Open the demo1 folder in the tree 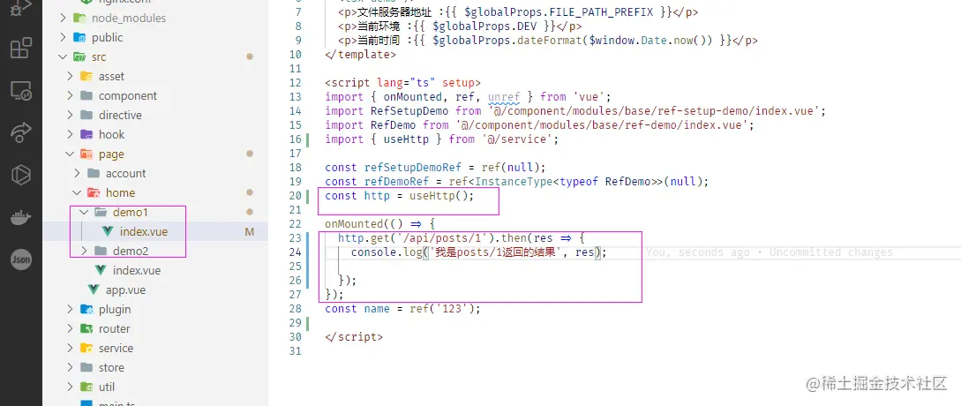pyautogui.click(x=131, y=212)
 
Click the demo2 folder pyautogui.click(x=131, y=251)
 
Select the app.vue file pyautogui.click(x=125, y=289)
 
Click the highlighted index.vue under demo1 pyautogui.click(x=143, y=231)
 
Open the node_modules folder pyautogui.click(x=128, y=18)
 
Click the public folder pyautogui.click(x=107, y=37)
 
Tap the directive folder pyautogui.click(x=120, y=115)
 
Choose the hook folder pyautogui.click(x=111, y=134)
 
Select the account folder pyautogui.click(x=125, y=173)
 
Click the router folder pyautogui.click(x=114, y=328)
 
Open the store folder pyautogui.click(x=111, y=367)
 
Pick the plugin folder pyautogui.click(x=115, y=309)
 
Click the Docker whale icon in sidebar pyautogui.click(x=20, y=217)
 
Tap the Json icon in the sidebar pyautogui.click(x=21, y=259)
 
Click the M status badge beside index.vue pyautogui.click(x=250, y=232)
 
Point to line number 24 pyautogui.click(x=295, y=252)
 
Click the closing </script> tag pyautogui.click(x=354, y=337)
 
